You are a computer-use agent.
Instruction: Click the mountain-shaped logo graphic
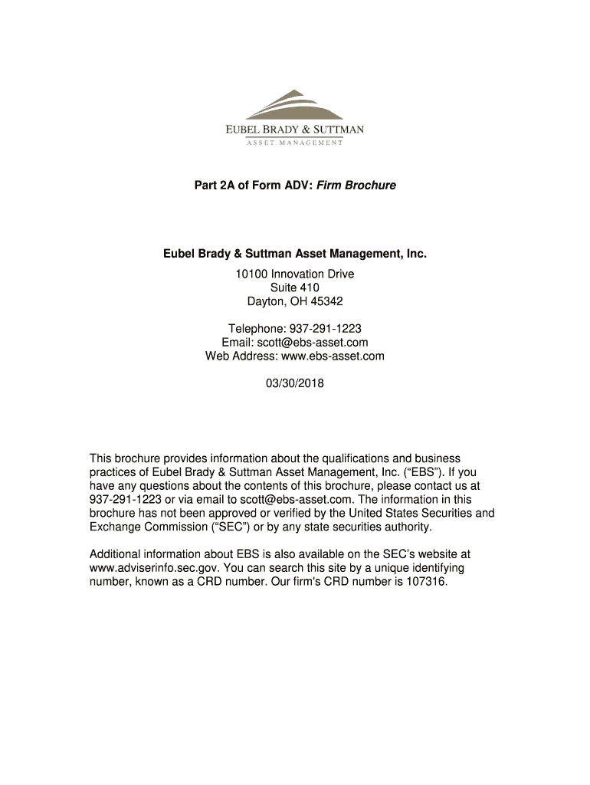coord(294,105)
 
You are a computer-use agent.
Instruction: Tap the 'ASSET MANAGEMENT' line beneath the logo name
coord(294,143)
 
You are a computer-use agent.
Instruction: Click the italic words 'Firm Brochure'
coord(360,186)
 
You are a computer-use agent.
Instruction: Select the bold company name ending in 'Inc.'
coord(294,253)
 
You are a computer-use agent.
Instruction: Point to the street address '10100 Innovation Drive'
coord(295,274)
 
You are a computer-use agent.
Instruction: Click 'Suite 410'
coord(295,287)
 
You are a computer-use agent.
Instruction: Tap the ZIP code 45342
coord(326,301)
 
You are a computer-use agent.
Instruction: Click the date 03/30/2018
coord(295,384)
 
